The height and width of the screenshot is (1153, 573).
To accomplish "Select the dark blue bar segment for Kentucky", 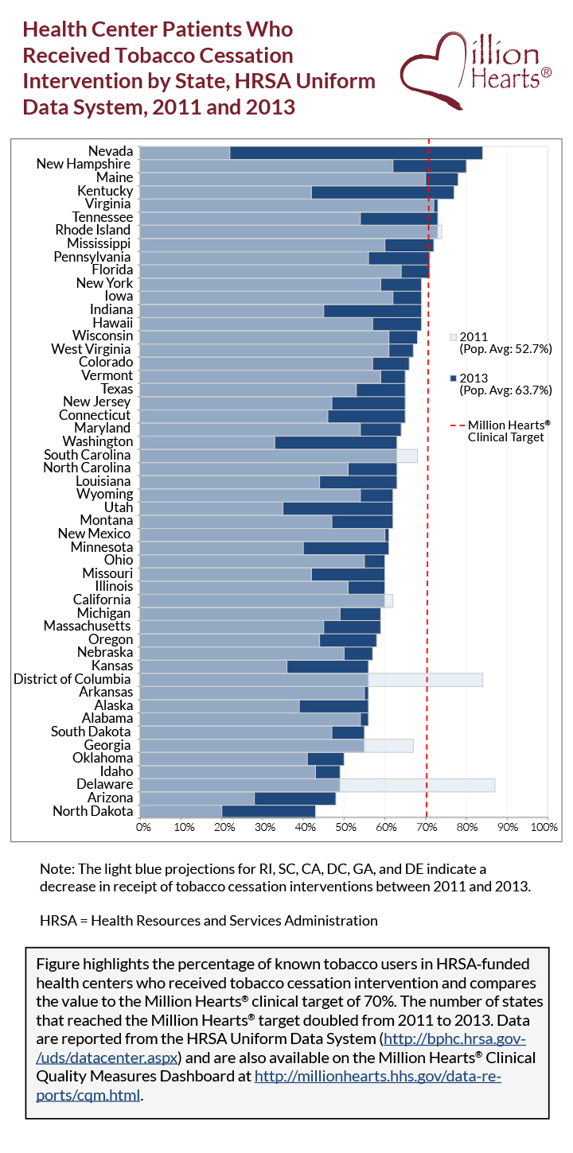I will click(382, 192).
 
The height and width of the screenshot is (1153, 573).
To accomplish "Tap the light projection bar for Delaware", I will click(417, 785).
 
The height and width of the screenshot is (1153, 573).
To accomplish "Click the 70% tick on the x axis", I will click(427, 827).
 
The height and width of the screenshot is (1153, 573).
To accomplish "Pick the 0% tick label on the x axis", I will click(143, 827).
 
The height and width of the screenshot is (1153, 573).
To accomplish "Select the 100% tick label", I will click(544, 827).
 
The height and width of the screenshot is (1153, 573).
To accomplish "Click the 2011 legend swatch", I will click(454, 336).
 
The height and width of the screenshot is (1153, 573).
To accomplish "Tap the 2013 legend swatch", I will click(454, 379).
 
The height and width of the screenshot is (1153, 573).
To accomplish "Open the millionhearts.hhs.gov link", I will click(376, 1076).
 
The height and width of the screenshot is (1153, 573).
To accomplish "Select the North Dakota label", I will click(92, 811).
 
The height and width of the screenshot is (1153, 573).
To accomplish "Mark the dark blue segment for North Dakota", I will click(268, 811).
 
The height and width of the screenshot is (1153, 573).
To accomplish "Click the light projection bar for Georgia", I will click(388, 745).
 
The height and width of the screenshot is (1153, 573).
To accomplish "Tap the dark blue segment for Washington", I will click(335, 442).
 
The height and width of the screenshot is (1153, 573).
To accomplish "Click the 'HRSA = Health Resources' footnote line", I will click(209, 921).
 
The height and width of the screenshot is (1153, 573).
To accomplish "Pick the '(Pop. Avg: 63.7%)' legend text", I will click(505, 390).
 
